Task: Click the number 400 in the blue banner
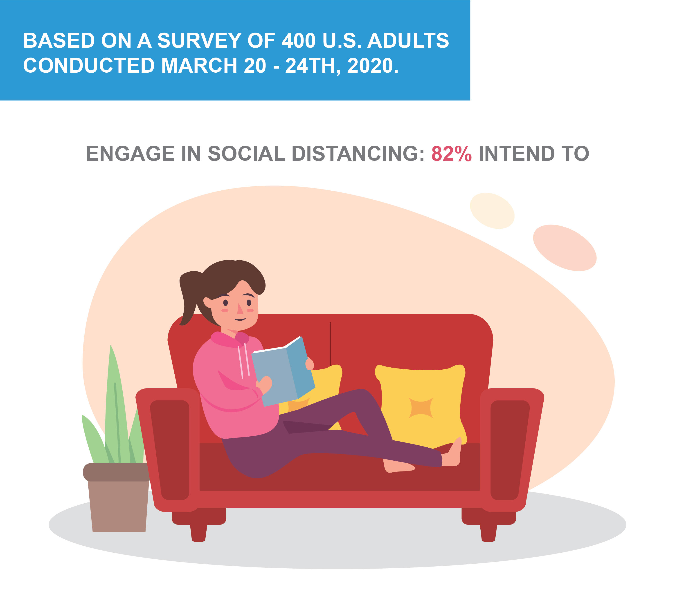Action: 299,41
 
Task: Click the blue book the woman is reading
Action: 283,371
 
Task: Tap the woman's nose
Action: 240,308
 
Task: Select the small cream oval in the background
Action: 492,211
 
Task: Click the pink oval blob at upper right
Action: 565,248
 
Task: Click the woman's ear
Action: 207,302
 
